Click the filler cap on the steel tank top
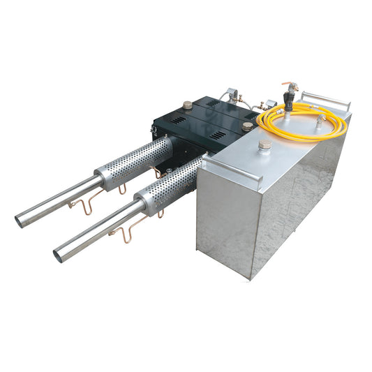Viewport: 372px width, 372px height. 265,145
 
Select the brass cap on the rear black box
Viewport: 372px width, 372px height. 187,105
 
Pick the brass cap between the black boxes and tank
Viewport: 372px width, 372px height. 247,126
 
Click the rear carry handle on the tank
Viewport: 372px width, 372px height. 327,98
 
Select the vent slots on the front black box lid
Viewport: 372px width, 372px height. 218,134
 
